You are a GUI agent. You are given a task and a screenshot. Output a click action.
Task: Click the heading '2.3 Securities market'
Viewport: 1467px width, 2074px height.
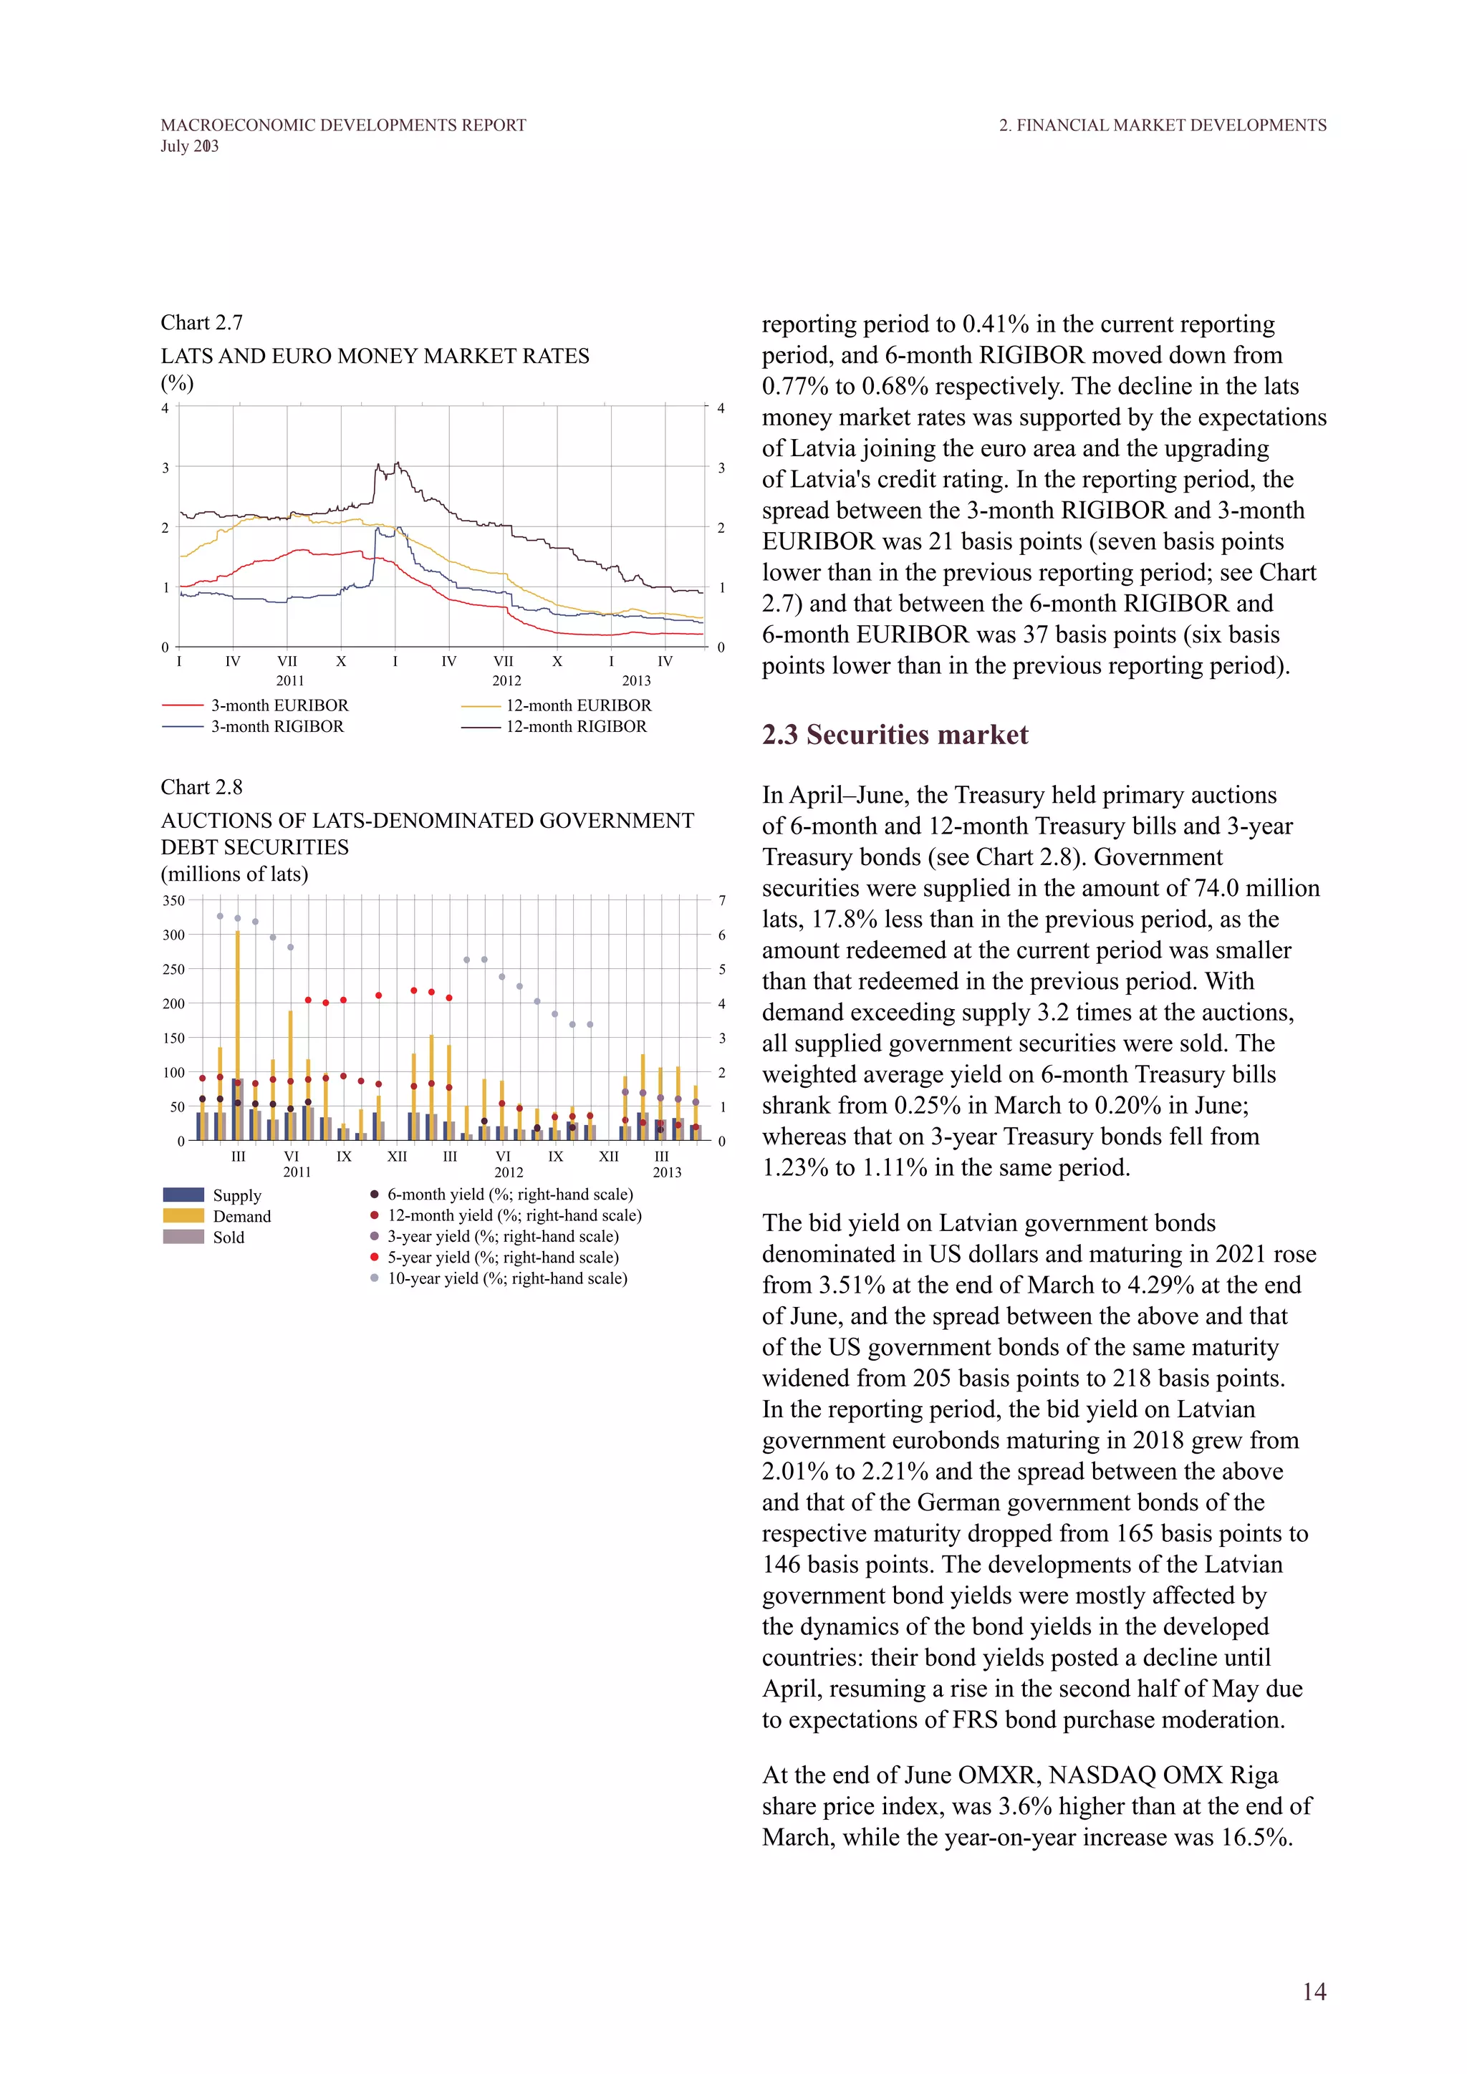[894, 734]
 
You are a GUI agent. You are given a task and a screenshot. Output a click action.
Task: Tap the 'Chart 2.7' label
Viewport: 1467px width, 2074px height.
[201, 322]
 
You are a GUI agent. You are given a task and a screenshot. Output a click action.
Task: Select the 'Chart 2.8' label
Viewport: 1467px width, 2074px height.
[201, 787]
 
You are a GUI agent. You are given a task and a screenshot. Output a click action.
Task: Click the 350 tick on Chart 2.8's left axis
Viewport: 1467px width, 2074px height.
[173, 901]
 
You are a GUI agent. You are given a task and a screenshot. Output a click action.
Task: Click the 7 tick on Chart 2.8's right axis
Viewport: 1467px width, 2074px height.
[722, 901]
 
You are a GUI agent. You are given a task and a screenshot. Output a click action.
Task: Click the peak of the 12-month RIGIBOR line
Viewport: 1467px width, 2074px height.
[397, 464]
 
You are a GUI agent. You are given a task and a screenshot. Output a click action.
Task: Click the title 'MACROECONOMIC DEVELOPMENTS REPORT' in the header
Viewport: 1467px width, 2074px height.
[343, 125]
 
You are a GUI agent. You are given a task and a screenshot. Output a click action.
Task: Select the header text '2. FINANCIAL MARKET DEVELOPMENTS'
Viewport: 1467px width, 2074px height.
[1163, 125]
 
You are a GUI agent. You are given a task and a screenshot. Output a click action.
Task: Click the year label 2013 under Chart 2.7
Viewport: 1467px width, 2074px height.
[636, 681]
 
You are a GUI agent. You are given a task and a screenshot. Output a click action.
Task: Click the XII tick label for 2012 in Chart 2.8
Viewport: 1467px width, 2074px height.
[609, 1156]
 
